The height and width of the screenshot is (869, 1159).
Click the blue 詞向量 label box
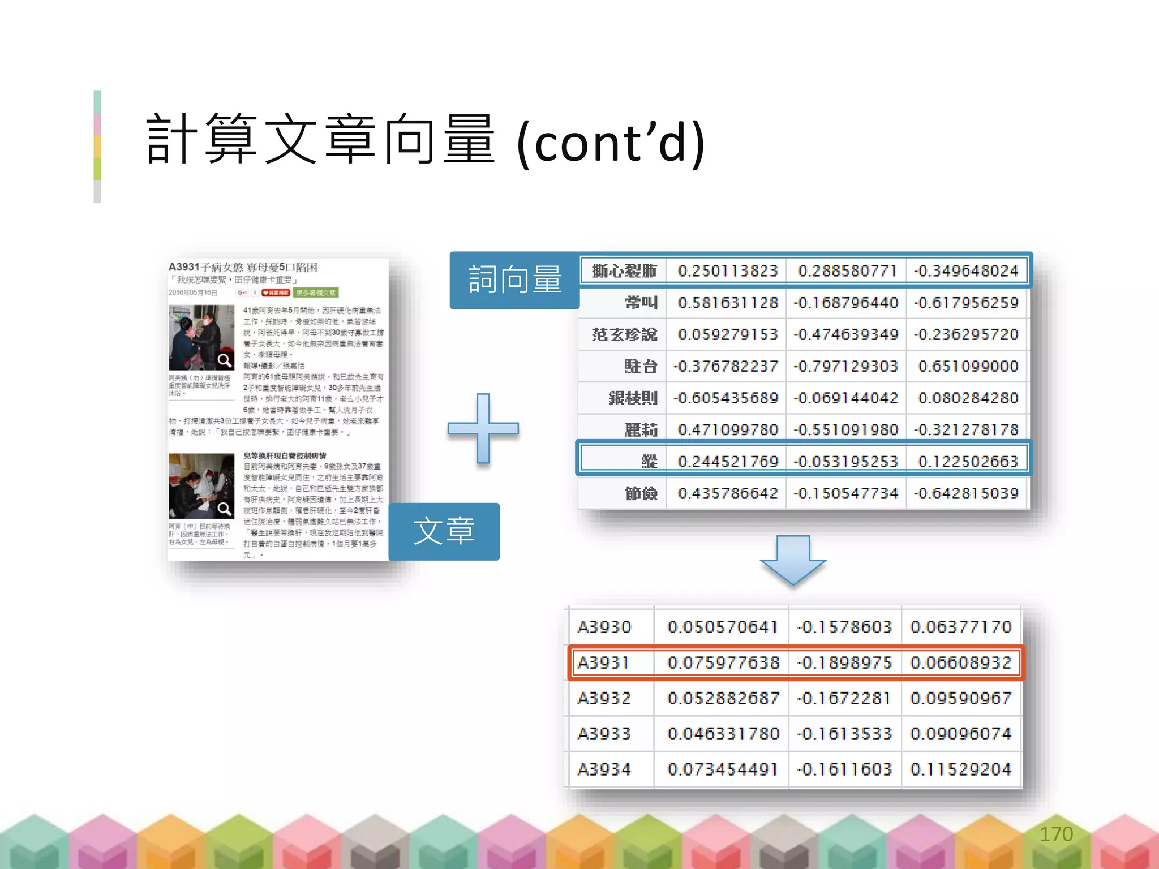point(514,280)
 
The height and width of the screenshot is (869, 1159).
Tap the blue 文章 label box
point(444,531)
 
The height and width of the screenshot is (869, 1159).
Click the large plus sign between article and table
point(483,428)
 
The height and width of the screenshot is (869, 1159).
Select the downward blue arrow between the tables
point(793,560)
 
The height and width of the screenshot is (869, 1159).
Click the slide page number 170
point(1056,834)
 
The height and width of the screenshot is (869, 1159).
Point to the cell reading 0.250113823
point(728,271)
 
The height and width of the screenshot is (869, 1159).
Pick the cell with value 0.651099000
point(968,366)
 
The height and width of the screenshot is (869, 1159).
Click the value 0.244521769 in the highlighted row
point(728,462)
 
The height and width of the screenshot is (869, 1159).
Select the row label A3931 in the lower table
point(603,662)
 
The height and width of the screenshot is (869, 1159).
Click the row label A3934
point(603,769)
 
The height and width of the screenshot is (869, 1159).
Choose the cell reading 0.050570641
point(723,627)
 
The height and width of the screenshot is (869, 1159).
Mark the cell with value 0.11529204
point(960,769)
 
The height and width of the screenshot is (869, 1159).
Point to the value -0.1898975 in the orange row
point(844,662)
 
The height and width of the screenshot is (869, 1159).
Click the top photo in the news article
point(201,337)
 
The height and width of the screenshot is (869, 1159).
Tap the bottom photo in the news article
point(201,486)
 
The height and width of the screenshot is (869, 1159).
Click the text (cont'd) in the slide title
point(611,143)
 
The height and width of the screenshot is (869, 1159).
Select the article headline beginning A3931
point(243,267)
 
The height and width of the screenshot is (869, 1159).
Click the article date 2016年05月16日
point(193,292)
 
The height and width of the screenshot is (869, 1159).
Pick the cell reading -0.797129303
point(845,366)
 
